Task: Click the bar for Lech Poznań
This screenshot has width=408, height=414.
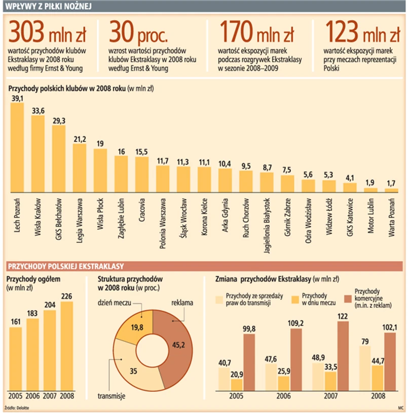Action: point(17,147)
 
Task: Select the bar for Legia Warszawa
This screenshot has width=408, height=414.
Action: point(80,168)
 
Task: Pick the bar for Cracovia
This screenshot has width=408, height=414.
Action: point(142,174)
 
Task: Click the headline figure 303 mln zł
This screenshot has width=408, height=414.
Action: point(47,33)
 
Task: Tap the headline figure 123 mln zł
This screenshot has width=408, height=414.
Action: point(362,33)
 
